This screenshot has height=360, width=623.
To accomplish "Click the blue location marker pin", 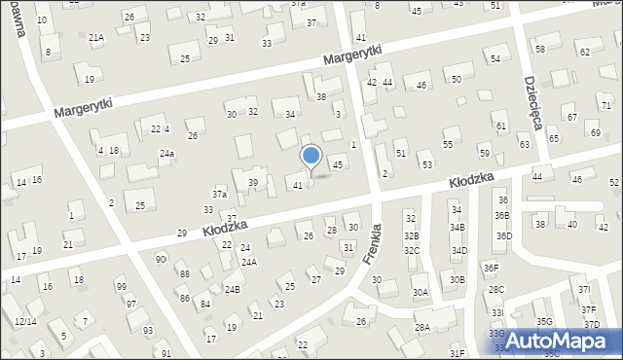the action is point(311,157).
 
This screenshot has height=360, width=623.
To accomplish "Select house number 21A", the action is point(96,38).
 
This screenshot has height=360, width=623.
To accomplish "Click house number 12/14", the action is point(25,321).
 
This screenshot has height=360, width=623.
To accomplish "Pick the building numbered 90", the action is point(160,259).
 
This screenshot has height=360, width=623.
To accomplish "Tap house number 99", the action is point(121,286).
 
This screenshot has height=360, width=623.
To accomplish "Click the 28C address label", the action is point(496,289).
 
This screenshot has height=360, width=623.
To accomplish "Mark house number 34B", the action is point(458,227).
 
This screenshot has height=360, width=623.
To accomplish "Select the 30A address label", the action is point(420,292).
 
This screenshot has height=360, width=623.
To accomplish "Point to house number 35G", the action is point(543,321).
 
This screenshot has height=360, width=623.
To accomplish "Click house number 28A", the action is point(421,328).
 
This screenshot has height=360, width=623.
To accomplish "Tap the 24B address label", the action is point(232,289).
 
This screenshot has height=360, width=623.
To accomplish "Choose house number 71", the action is point(605,105).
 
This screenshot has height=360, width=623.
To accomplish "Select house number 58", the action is point(539,49).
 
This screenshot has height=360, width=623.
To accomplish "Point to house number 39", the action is point(253,183).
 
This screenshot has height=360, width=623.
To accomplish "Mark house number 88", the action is point(184,274).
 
